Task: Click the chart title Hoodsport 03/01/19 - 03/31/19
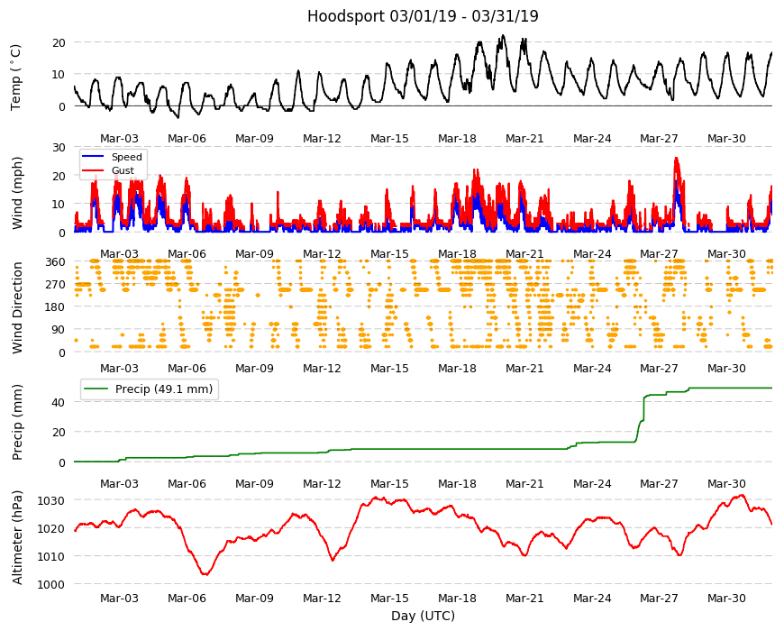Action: (x=423, y=16)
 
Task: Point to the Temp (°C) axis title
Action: (x=16, y=77)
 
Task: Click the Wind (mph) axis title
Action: (x=17, y=193)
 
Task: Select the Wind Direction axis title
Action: (x=17, y=307)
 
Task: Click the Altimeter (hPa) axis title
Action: (x=17, y=537)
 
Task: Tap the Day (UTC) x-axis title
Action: (x=423, y=616)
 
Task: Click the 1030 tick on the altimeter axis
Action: (x=51, y=501)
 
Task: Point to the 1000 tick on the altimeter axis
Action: (x=51, y=584)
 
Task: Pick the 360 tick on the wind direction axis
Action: (x=55, y=262)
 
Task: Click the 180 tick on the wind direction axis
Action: (x=55, y=307)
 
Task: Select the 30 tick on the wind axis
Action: (x=59, y=148)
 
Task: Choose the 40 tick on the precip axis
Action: (x=59, y=403)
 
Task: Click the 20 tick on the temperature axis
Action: (x=59, y=43)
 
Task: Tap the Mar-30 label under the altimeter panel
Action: (x=726, y=599)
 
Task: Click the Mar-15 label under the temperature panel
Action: (x=389, y=139)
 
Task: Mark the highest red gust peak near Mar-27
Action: (x=676, y=158)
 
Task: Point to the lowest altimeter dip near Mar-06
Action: (x=205, y=574)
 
